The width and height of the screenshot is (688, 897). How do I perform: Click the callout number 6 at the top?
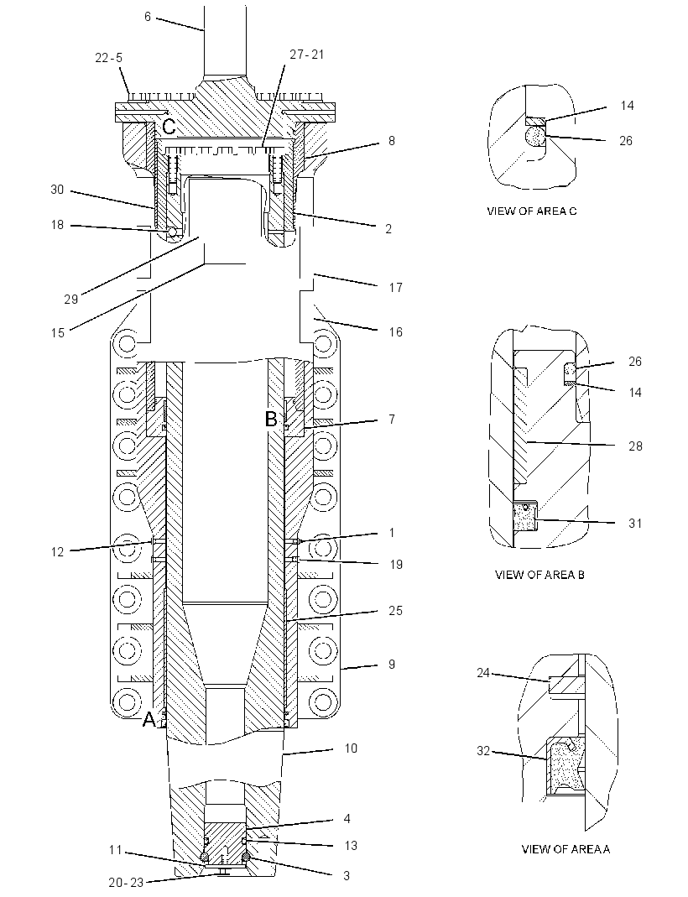[147, 17]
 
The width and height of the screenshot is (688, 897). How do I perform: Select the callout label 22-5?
[109, 58]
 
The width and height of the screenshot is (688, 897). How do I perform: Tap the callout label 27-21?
[306, 55]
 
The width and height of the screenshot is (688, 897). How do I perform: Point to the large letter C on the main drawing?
[169, 127]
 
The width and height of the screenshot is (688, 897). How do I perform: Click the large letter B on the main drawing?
[271, 420]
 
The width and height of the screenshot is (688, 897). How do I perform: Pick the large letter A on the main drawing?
[149, 719]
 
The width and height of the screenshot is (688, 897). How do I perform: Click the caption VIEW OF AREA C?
[532, 211]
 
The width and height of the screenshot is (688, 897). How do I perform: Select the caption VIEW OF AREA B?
[539, 574]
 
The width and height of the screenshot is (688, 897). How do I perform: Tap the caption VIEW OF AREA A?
[566, 849]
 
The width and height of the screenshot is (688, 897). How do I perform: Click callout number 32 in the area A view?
[484, 750]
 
